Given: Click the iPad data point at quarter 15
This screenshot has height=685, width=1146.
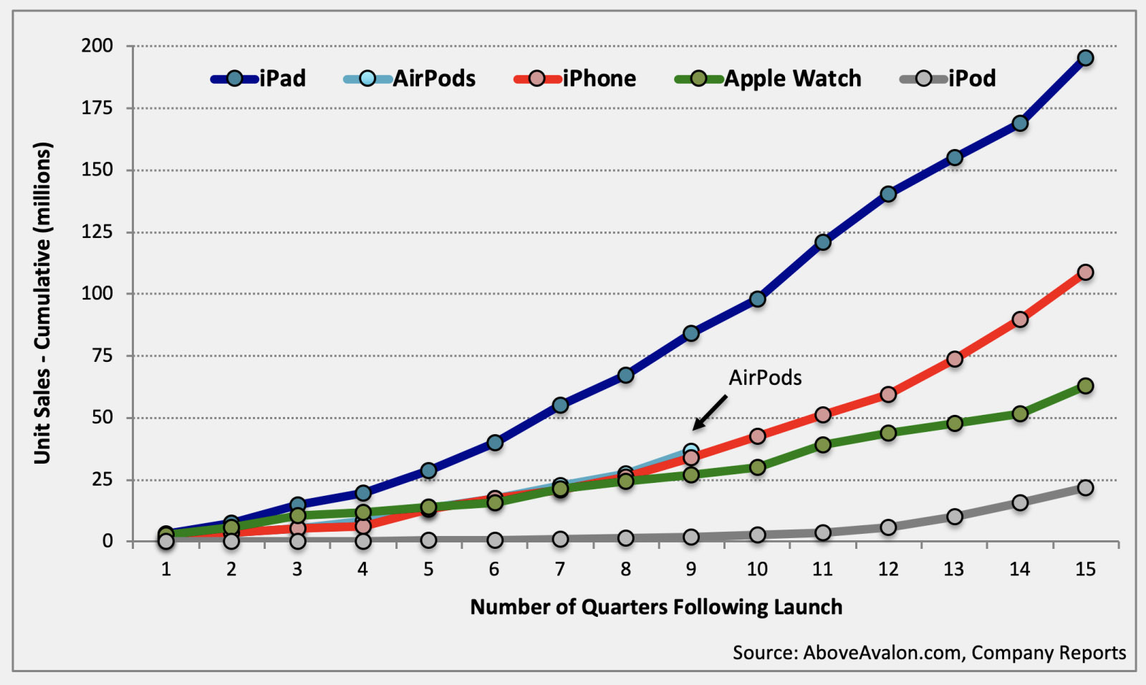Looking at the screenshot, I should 1085,58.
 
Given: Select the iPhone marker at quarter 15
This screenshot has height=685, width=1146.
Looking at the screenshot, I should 1085,272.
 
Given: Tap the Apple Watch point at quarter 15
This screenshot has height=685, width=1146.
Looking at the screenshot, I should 1085,386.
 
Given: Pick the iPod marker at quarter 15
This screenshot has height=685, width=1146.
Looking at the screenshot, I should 1085,488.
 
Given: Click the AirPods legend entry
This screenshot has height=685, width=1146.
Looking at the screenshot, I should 410,78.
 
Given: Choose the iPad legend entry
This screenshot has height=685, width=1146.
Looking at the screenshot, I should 259,78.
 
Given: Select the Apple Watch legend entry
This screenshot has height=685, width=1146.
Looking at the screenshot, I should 769,78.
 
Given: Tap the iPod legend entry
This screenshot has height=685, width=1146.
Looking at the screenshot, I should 948,78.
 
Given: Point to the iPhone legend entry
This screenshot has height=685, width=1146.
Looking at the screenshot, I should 575,78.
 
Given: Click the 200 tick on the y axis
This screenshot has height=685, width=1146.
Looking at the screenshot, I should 97,46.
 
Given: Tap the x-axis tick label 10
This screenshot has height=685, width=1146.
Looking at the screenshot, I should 757,569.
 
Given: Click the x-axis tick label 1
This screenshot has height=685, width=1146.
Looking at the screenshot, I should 166,569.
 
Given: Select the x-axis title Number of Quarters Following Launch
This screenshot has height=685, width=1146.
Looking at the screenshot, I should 656,607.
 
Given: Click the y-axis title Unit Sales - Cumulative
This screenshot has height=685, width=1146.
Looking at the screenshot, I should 43,302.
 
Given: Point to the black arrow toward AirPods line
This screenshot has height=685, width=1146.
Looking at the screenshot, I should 710,413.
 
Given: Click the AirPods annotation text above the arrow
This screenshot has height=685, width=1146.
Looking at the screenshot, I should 765,378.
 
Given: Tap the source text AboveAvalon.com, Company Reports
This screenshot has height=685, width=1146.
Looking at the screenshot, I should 929,653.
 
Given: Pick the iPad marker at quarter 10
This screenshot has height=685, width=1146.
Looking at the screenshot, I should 757,299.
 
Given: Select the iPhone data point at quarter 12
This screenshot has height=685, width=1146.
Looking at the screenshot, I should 888,394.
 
